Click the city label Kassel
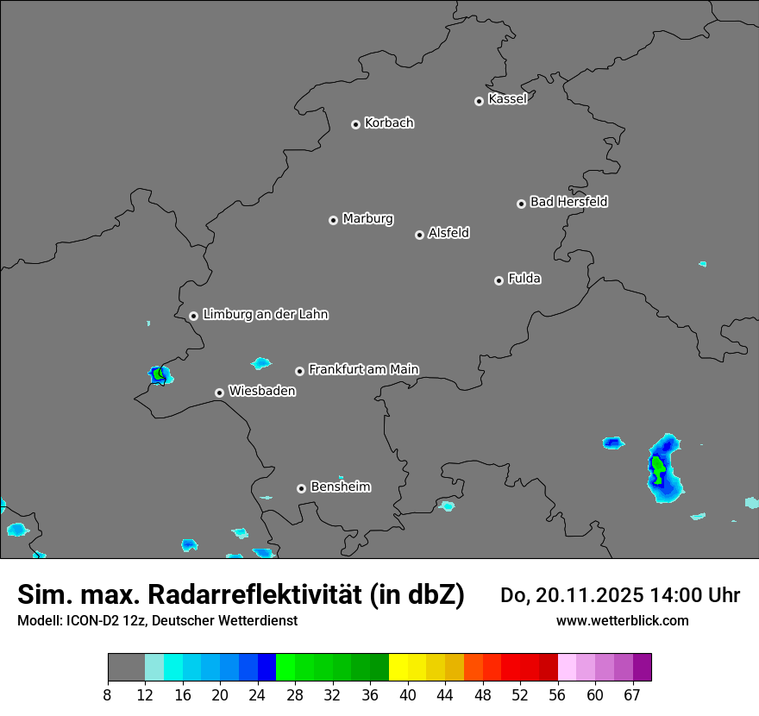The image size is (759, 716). (x=507, y=99)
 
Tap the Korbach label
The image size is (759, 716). (x=389, y=123)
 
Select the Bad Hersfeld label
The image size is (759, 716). (x=568, y=202)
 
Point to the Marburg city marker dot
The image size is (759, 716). (x=333, y=220)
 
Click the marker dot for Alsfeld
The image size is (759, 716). (x=419, y=235)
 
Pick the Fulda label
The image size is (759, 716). (x=524, y=279)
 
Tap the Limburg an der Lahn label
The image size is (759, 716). (x=266, y=315)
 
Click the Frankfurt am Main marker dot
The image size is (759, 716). (x=299, y=371)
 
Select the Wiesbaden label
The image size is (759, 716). (x=262, y=392)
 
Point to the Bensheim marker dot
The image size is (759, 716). (x=301, y=488)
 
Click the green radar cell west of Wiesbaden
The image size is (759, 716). (x=158, y=374)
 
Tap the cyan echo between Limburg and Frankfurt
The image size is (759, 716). (x=260, y=363)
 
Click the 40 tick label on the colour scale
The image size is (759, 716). (x=408, y=694)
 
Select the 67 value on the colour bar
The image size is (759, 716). (x=632, y=694)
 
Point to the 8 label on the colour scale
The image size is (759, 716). (x=108, y=694)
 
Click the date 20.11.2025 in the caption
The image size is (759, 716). (x=590, y=595)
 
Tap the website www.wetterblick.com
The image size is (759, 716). (x=622, y=620)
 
